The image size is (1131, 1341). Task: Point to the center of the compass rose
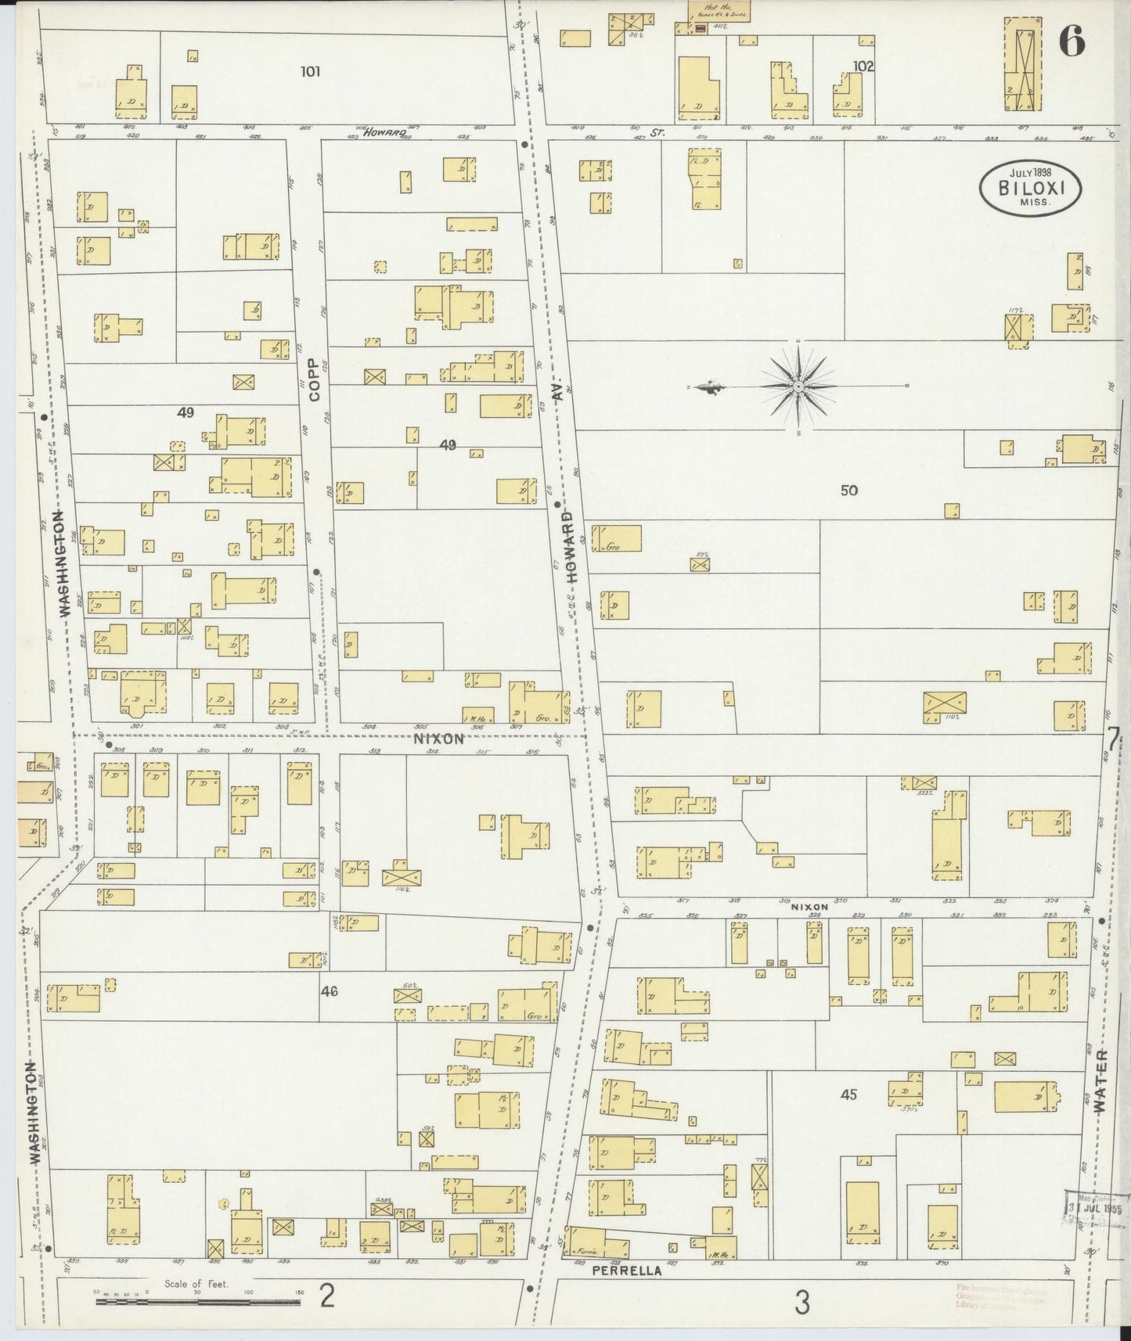click(x=798, y=386)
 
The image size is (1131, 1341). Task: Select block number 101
click(x=311, y=71)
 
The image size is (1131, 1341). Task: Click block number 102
click(x=863, y=67)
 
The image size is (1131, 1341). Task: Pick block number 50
click(x=849, y=491)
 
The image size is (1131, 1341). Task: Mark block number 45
click(x=849, y=1095)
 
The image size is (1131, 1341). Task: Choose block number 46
click(x=329, y=991)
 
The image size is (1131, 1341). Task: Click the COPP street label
click(x=315, y=379)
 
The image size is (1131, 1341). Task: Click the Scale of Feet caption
click(x=196, y=1285)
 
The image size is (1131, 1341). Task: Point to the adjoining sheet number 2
click(x=327, y=1298)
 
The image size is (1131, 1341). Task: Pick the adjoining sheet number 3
click(x=801, y=1303)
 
